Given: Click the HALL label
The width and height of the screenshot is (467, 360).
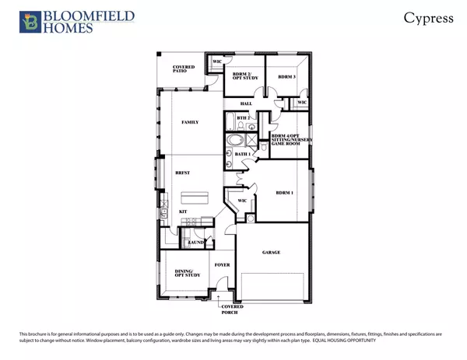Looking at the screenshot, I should pyautogui.click(x=245, y=104).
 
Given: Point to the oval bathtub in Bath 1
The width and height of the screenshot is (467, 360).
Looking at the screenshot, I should pyautogui.click(x=234, y=141).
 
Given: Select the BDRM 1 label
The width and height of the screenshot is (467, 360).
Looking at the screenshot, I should pyautogui.click(x=285, y=190).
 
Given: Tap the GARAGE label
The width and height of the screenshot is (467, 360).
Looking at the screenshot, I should pyautogui.click(x=271, y=253).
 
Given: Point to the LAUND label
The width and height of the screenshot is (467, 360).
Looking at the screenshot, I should pyautogui.click(x=196, y=243).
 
